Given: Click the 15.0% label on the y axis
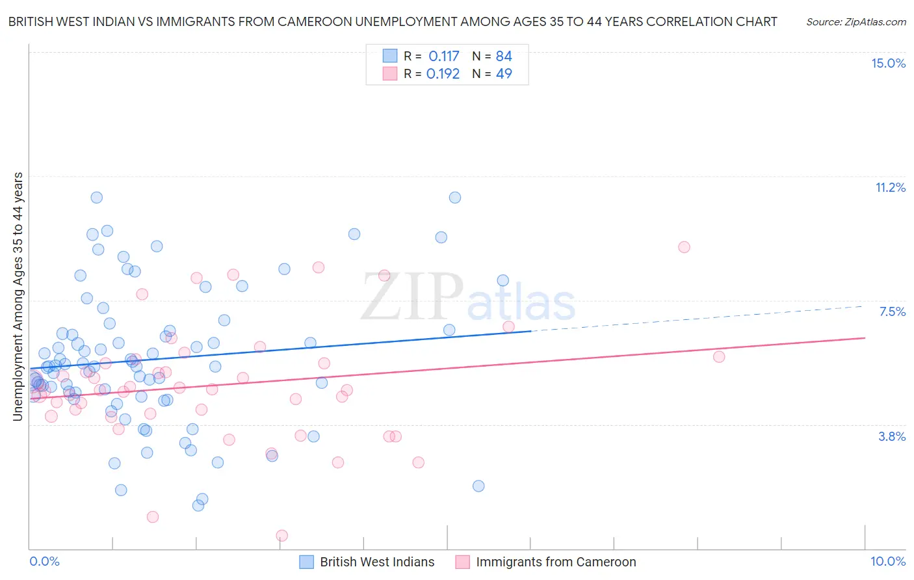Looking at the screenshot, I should [888, 63].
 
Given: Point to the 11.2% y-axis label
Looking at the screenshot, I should [890, 187].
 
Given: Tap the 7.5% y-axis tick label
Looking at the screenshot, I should [892, 311].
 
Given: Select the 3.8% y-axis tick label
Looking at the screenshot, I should [892, 436].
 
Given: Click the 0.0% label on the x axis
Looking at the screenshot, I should [44, 561].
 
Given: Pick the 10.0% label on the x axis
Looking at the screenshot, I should [887, 561].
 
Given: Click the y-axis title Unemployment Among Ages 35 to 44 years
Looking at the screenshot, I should [18, 297].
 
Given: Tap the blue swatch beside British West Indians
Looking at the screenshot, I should [307, 562].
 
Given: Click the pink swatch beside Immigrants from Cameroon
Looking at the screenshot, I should [462, 562].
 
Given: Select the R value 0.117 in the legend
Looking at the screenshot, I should [443, 56].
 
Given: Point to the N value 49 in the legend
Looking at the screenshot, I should [504, 73].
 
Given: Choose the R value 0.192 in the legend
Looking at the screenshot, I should [443, 73].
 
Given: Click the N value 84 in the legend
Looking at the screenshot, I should [504, 56].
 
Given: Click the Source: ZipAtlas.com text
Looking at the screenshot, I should [855, 21].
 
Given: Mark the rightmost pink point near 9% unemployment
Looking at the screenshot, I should [684, 247].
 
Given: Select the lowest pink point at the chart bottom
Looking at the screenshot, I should [282, 536].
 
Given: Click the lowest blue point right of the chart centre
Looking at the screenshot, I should [478, 486].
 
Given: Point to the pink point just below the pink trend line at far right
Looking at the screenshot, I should [719, 356].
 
